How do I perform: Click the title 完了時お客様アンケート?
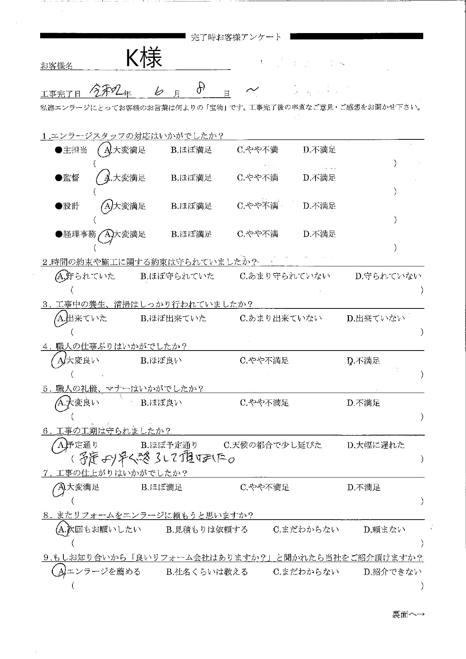236,37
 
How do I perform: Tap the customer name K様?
143,59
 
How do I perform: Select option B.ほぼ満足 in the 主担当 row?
191,150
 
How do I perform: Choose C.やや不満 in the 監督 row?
257,178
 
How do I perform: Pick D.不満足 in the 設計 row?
319,206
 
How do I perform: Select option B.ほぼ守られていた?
177,276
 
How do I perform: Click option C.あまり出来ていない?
281,319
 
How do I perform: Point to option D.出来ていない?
376,319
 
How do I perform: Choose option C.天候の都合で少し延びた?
272,445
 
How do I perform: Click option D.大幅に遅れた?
376,445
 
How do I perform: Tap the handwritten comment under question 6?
156,458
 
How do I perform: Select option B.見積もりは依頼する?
207,530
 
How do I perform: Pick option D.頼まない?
385,530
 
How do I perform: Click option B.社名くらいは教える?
207,572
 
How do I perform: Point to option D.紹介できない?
392,572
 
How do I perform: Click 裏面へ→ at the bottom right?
408,615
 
